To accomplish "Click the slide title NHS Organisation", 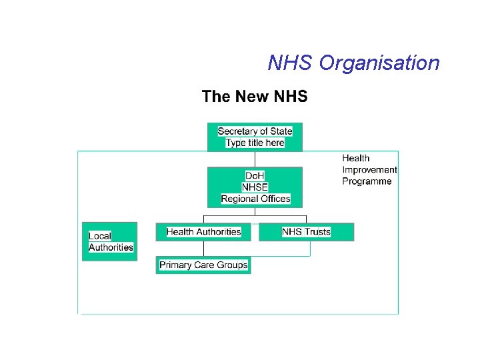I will (x=353, y=63).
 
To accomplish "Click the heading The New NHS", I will (x=255, y=97).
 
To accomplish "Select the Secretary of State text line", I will (x=255, y=131).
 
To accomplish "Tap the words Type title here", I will (x=255, y=143).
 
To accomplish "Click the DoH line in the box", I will (x=255, y=176).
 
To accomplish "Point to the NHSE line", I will (x=255, y=187).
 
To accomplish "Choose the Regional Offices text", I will (x=255, y=199).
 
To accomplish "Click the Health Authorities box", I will (x=203, y=232).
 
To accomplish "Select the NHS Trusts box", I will (x=306, y=232).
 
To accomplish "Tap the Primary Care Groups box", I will (x=203, y=265).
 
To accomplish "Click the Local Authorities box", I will (x=110, y=241).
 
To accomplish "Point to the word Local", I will (x=100, y=236).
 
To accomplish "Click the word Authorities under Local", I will (x=111, y=247).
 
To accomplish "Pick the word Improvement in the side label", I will (x=369, y=170).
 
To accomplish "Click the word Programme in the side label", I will (x=367, y=181).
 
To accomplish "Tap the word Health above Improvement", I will (x=356, y=159).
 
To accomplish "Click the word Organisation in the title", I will (x=379, y=63).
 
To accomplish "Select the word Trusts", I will (x=317, y=232).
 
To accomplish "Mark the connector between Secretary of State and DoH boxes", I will (x=255, y=159).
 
